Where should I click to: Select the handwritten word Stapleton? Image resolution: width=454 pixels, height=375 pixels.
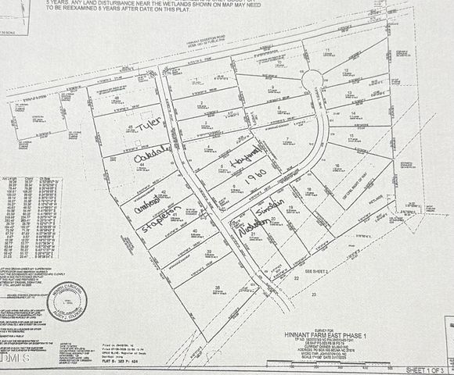(x=164, y=220)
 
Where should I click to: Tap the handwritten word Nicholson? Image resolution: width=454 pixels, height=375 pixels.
(x=254, y=225)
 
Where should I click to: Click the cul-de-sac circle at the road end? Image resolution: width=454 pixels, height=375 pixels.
(x=312, y=80)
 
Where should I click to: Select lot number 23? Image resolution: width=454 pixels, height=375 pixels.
(x=313, y=295)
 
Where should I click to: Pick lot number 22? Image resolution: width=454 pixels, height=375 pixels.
(x=297, y=278)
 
